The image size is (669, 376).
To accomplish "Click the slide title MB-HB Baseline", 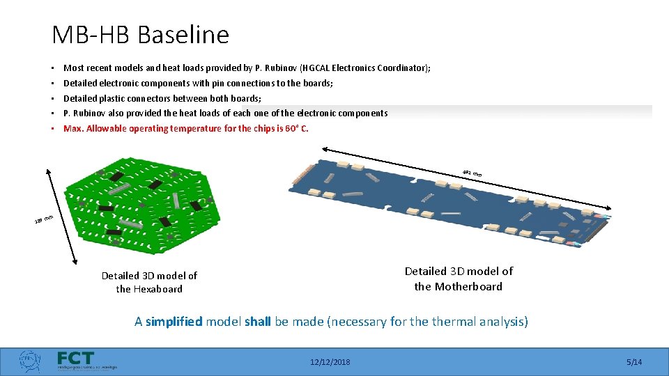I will point(140,34).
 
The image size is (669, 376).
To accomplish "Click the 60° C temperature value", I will point(296,129).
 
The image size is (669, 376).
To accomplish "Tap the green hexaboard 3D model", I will point(143,202).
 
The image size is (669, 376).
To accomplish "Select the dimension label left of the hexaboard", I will point(44,221).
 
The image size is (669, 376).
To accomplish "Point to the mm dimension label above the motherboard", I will point(472,173).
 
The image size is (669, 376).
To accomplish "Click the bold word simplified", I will point(174,322).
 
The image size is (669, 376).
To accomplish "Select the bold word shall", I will point(259,322).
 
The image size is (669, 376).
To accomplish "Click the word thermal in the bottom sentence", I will point(461,322).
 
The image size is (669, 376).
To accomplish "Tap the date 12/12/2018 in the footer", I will point(331,362).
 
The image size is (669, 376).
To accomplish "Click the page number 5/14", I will point(634,362).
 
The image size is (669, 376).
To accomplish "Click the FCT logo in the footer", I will point(77,359).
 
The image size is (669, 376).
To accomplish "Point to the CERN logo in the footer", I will point(29,361).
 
